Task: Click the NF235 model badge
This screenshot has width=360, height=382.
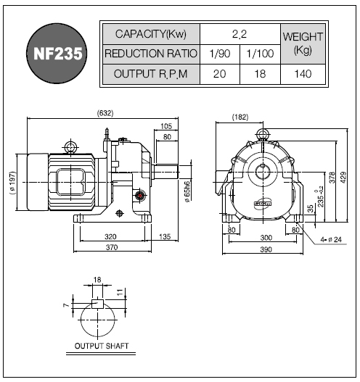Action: pyautogui.click(x=57, y=54)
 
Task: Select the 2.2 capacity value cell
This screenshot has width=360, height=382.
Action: pyautogui.click(x=240, y=34)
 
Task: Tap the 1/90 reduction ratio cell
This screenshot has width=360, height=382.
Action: pyautogui.click(x=220, y=54)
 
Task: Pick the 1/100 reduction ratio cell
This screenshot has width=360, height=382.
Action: pyautogui.click(x=260, y=54)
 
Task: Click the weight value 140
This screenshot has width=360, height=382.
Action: pyautogui.click(x=303, y=74)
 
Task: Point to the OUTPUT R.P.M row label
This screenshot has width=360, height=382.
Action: pyautogui.click(x=151, y=74)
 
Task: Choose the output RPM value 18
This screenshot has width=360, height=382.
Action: pyautogui.click(x=260, y=74)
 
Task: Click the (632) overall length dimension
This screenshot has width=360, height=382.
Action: pyautogui.click(x=105, y=113)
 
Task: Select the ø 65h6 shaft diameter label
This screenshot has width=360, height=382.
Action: pyautogui.click(x=187, y=192)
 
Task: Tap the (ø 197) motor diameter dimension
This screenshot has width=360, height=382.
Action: pyautogui.click(x=12, y=183)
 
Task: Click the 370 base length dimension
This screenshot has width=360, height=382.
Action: pyautogui.click(x=112, y=247)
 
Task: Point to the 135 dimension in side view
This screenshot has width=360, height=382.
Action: pyautogui.click(x=165, y=236)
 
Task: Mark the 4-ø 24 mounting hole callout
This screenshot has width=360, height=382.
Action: pyautogui.click(x=331, y=240)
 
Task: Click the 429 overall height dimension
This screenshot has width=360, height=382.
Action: pyautogui.click(x=343, y=178)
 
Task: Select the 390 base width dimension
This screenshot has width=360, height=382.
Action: pyautogui.click(x=266, y=249)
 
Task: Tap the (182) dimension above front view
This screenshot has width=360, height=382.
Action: pyautogui.click(x=240, y=117)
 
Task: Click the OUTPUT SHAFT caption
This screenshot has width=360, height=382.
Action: pyautogui.click(x=102, y=346)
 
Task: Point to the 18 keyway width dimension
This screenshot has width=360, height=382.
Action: pyautogui.click(x=97, y=280)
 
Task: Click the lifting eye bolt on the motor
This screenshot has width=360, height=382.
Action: pyautogui.click(x=70, y=147)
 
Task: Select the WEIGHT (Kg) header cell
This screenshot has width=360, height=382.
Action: pyautogui.click(x=303, y=43)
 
